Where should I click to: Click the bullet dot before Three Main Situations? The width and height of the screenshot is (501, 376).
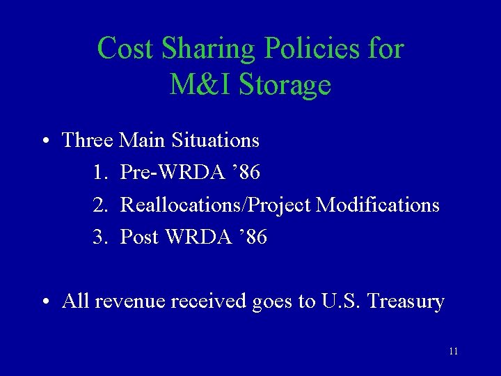pyautogui.click(x=44, y=141)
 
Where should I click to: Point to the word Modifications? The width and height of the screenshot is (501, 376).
pyautogui.click(x=379, y=205)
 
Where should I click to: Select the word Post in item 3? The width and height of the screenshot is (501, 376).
pyautogui.click(x=140, y=237)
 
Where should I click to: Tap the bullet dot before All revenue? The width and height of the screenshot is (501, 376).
pyautogui.click(x=44, y=302)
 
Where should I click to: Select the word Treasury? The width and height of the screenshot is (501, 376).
pyautogui.click(x=406, y=302)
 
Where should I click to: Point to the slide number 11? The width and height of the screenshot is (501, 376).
pyautogui.click(x=454, y=352)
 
